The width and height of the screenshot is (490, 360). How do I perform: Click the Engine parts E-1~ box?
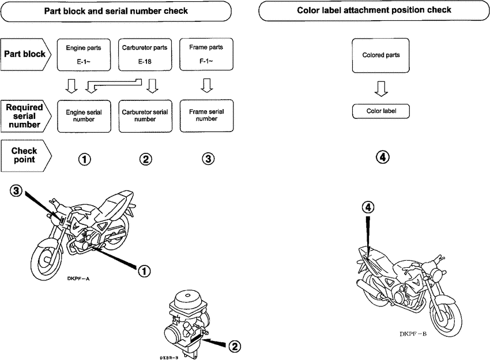[84, 54]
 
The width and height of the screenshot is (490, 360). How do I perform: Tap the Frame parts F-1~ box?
[206, 54]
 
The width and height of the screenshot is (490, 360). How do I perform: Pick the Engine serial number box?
[84, 116]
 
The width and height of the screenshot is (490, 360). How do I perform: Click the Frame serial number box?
[206, 115]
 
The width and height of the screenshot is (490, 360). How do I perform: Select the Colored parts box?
[380, 55]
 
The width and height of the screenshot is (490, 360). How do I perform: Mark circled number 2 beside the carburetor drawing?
[235, 346]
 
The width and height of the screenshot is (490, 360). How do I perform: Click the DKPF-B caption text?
[413, 333]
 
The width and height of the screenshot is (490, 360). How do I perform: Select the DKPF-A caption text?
[77, 278]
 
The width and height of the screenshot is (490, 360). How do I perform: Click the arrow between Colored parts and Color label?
[380, 88]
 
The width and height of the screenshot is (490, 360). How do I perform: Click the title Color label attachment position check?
[374, 10]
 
